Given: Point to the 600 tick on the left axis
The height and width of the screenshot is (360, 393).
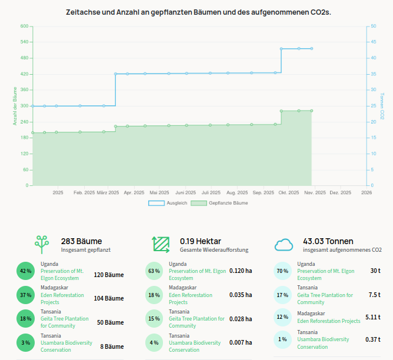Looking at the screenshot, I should pyautogui.click(x=24, y=26).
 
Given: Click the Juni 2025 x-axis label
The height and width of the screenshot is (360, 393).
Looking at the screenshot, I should pyautogui.click(x=185, y=192).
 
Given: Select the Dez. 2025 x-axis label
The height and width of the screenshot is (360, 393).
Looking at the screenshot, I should pyautogui.click(x=341, y=192).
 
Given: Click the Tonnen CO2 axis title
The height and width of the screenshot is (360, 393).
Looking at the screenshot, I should pyautogui.click(x=382, y=106).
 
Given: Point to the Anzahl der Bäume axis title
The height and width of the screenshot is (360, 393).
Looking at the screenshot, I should pyautogui.click(x=15, y=106).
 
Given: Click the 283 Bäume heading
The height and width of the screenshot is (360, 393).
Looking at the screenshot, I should pyautogui.click(x=81, y=241).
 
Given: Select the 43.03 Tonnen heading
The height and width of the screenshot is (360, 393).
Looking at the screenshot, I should pyautogui.click(x=328, y=241).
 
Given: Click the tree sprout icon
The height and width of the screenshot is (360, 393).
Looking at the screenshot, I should pyautogui.click(x=42, y=244).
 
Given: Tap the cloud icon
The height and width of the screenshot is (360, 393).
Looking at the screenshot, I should pyautogui.click(x=284, y=244).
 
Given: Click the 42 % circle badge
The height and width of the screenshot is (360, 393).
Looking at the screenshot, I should pyautogui.click(x=25, y=271).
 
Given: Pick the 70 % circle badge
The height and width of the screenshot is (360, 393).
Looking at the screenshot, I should pyautogui.click(x=282, y=271).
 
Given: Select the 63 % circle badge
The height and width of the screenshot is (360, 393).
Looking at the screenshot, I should pyautogui.click(x=154, y=271).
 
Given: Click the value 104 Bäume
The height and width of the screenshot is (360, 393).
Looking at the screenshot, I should pyautogui.click(x=109, y=298).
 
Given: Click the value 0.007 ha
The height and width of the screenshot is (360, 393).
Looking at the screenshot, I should pyautogui.click(x=241, y=342).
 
